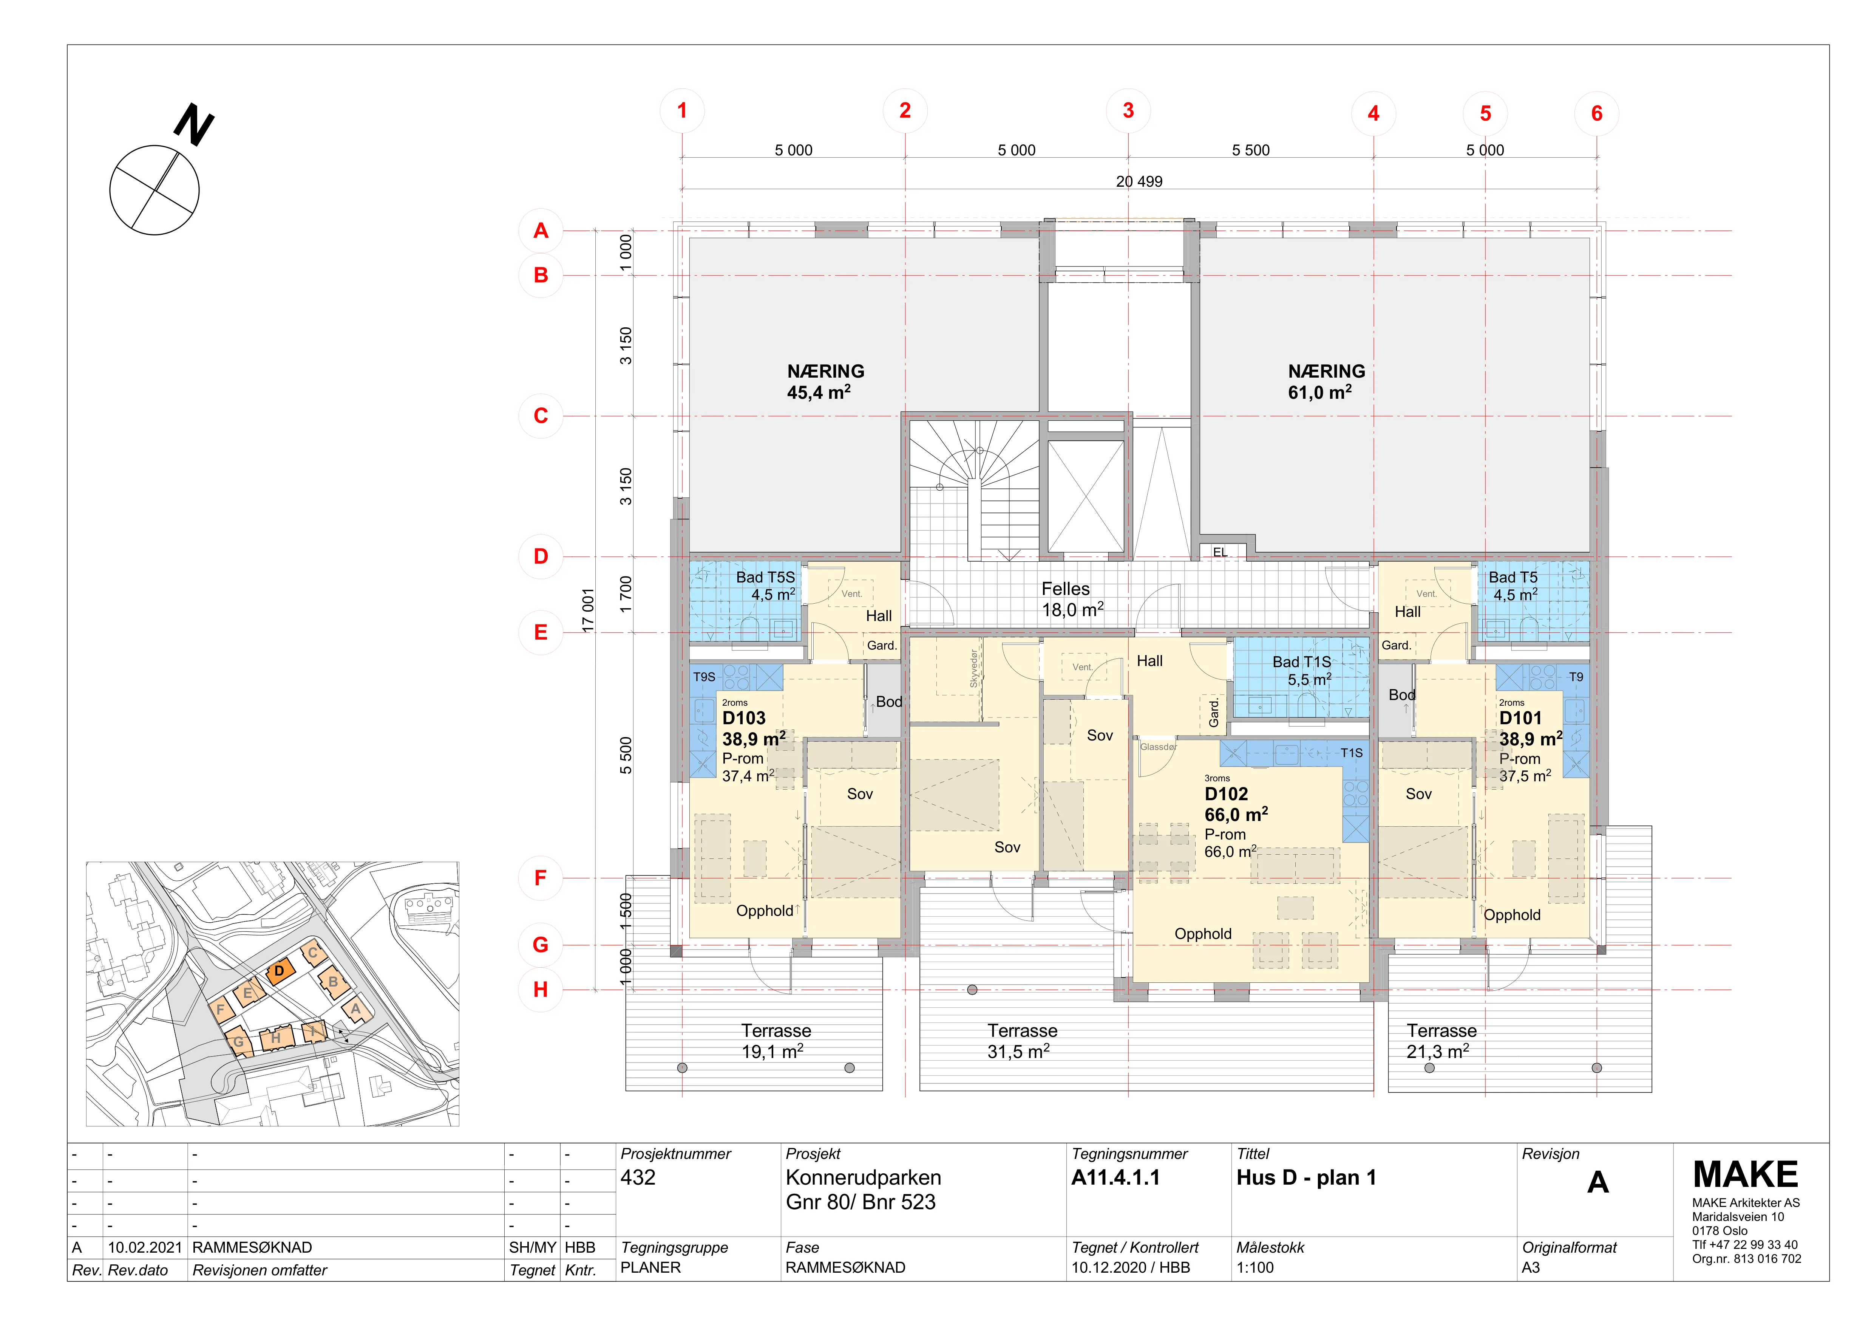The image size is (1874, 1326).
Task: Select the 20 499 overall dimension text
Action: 1139,181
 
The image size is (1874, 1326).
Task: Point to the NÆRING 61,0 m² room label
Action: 1326,381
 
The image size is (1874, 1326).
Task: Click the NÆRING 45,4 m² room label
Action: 825,381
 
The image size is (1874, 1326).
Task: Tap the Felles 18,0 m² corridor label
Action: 1072,599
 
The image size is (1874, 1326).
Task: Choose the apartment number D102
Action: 1226,794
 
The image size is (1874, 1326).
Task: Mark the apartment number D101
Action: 1520,718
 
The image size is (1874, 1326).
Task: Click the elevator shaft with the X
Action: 1086,496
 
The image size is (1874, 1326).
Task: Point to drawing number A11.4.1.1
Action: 1115,1177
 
